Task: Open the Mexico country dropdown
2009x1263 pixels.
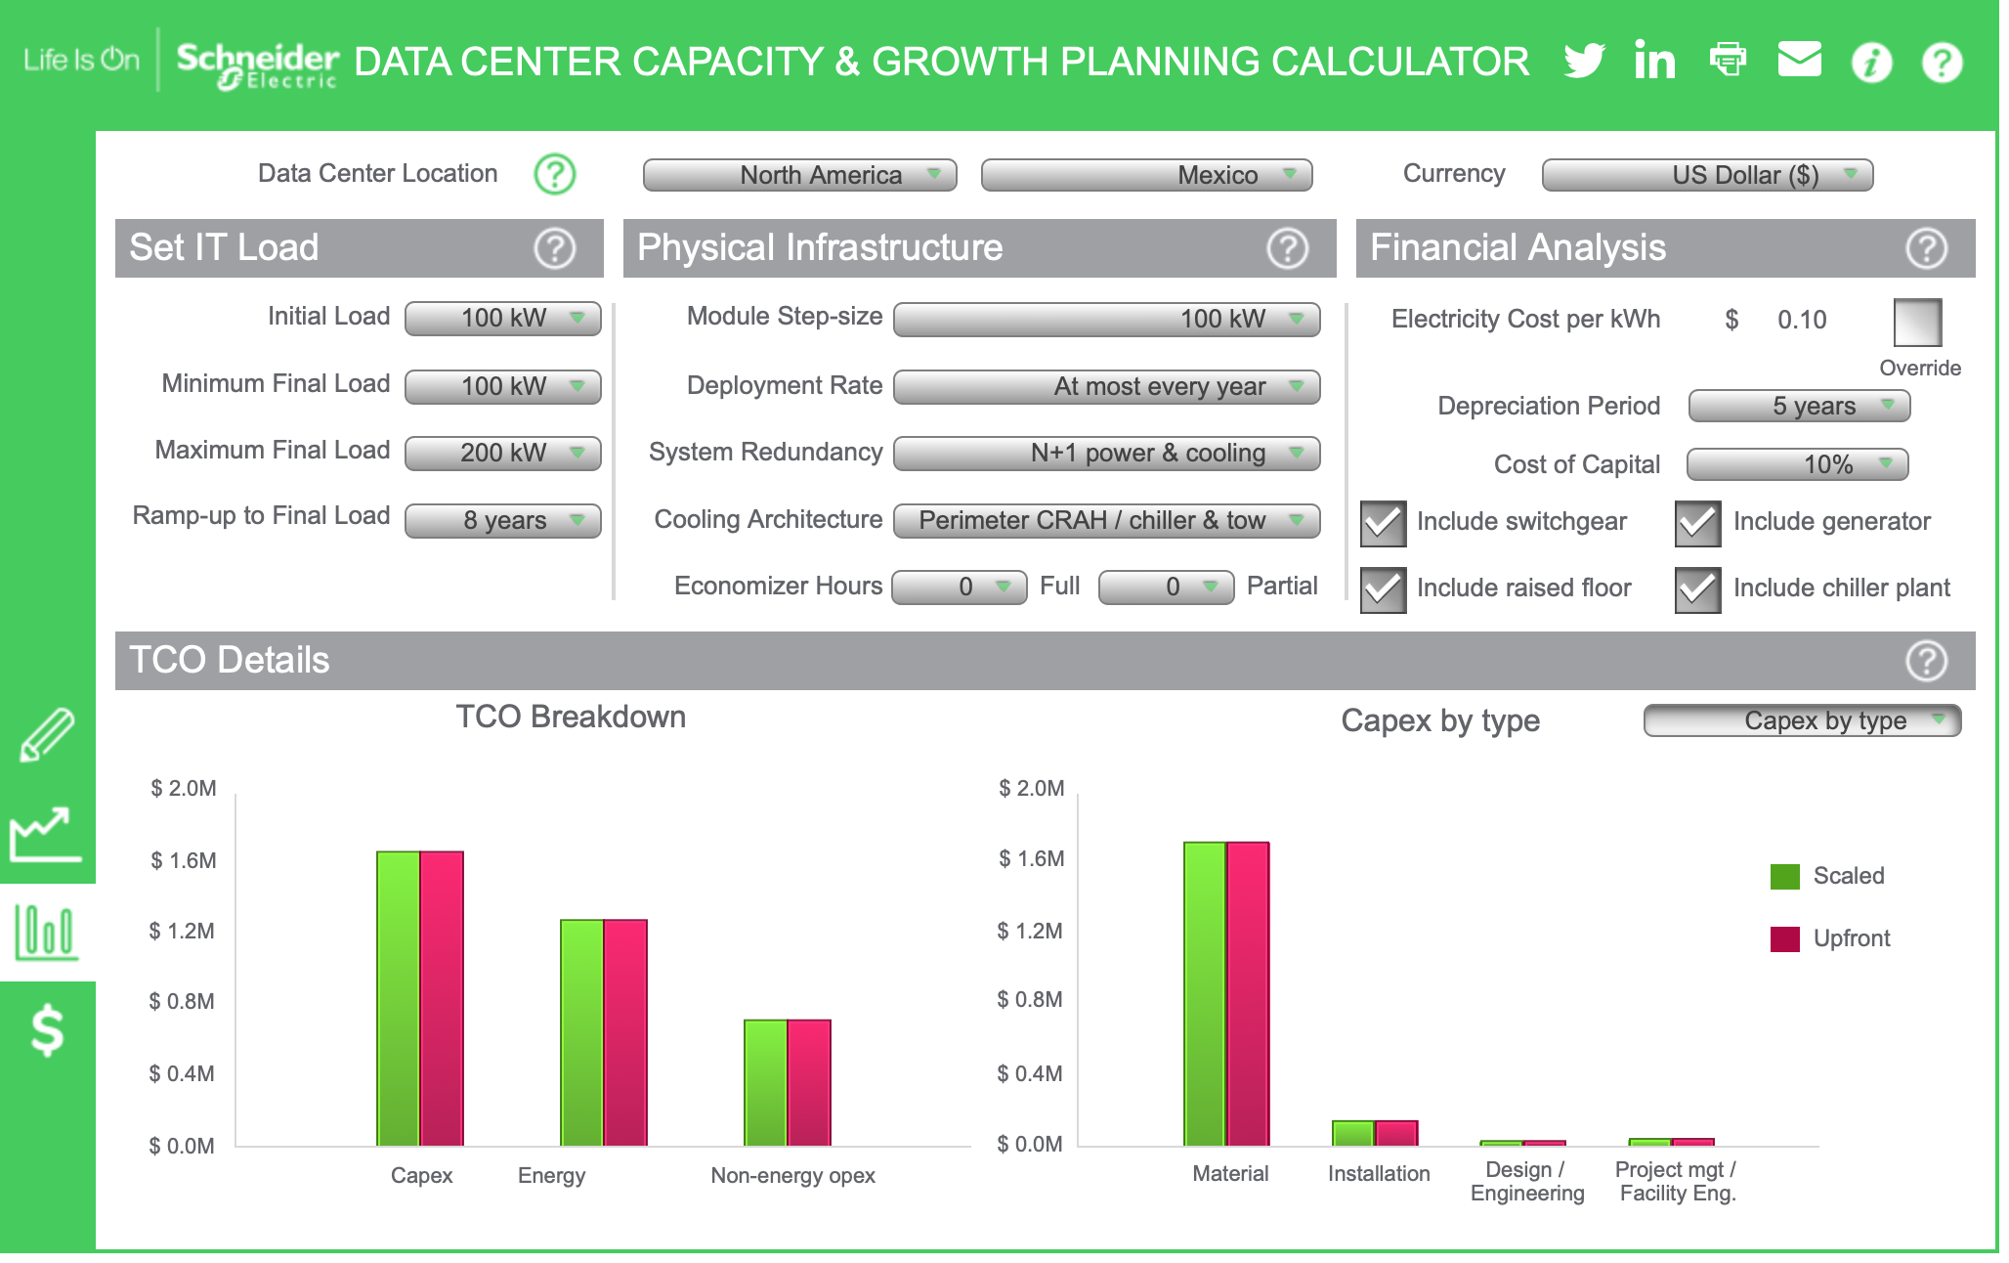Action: (x=1146, y=175)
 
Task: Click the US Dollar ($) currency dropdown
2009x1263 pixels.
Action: (x=1707, y=175)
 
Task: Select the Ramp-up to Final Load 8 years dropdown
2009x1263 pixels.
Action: (x=503, y=520)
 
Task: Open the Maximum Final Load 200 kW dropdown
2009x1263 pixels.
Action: (x=503, y=453)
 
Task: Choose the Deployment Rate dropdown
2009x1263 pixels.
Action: (x=1106, y=386)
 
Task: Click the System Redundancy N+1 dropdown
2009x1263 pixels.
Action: (x=1106, y=453)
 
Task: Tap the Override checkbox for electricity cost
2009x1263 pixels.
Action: (x=1917, y=323)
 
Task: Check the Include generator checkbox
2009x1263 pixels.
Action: (x=1697, y=523)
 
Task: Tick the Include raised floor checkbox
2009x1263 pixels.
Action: (x=1383, y=589)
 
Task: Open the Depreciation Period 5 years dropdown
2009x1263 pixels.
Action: (x=1799, y=406)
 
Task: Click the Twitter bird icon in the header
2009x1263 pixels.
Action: (x=1584, y=61)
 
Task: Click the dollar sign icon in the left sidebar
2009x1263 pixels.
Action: (x=47, y=1031)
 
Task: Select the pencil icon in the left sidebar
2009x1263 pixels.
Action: (x=47, y=735)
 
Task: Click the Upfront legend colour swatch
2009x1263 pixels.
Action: (x=1784, y=938)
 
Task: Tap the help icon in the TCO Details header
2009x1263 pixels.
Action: (x=1926, y=661)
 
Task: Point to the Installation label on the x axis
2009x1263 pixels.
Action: (x=1378, y=1173)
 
